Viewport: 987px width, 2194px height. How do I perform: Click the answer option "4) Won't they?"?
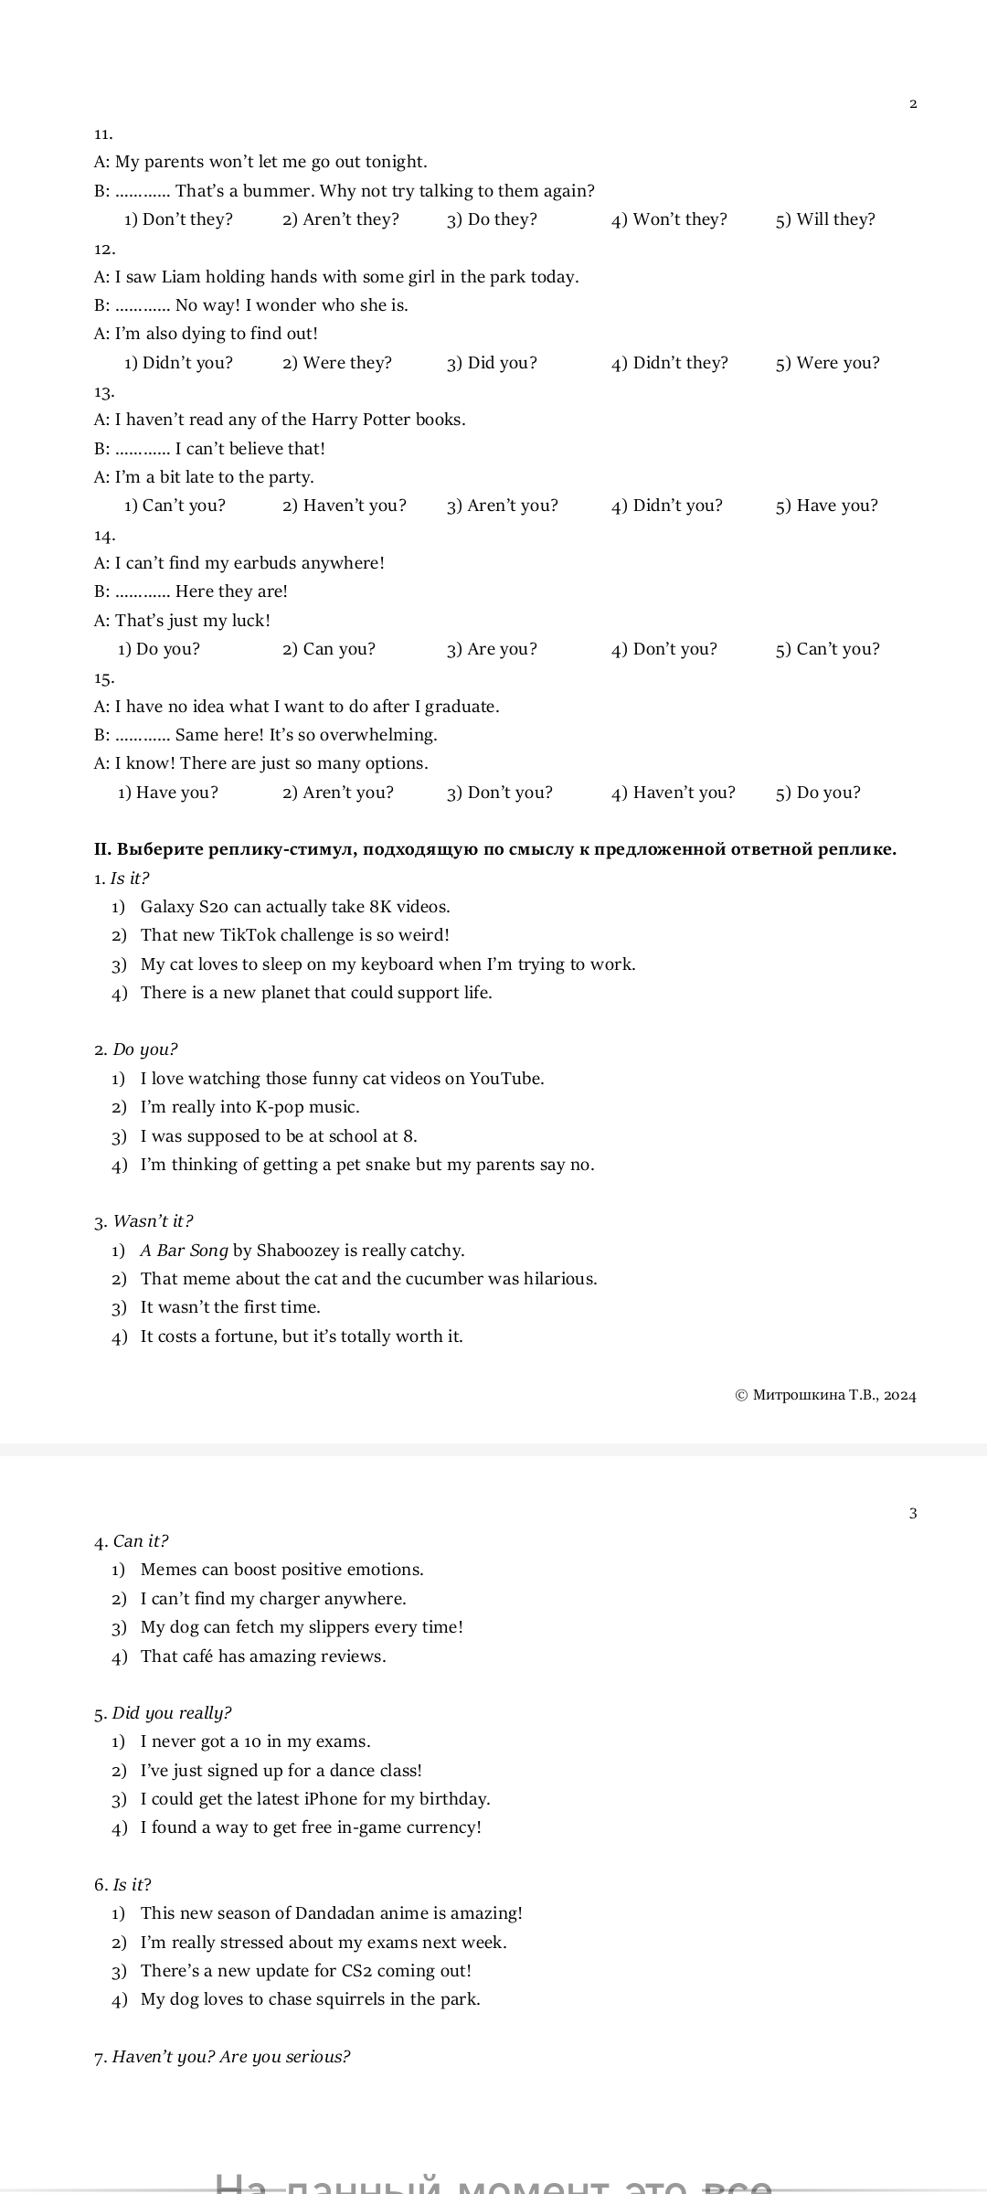point(669,219)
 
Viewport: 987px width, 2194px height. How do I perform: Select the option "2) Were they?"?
point(336,363)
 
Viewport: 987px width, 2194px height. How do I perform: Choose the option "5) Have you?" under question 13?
point(826,506)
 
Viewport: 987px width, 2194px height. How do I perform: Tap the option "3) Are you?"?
point(492,649)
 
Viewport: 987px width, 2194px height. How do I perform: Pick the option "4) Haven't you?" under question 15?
point(673,793)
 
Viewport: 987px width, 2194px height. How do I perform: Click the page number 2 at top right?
point(913,103)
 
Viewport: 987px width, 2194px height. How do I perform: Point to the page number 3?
point(913,1513)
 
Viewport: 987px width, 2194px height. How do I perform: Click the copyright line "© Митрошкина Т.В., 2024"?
point(825,1395)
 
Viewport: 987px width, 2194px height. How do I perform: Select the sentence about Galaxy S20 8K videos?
point(294,907)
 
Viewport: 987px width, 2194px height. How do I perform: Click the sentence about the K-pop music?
point(249,1107)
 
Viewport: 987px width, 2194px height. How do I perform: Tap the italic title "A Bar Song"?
point(184,1251)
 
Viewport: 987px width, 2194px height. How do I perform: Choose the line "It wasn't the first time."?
point(230,1307)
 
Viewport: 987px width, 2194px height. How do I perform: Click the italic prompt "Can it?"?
point(141,1541)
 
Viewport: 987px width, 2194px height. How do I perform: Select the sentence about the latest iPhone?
point(315,1799)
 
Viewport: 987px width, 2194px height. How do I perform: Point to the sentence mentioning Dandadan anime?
point(331,1913)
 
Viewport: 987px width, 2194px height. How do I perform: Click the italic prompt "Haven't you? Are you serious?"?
point(231,2057)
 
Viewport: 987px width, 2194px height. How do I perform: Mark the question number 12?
point(104,249)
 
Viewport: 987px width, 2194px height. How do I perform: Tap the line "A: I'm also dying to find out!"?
point(206,334)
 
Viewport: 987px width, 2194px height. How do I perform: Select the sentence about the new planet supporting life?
point(316,993)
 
